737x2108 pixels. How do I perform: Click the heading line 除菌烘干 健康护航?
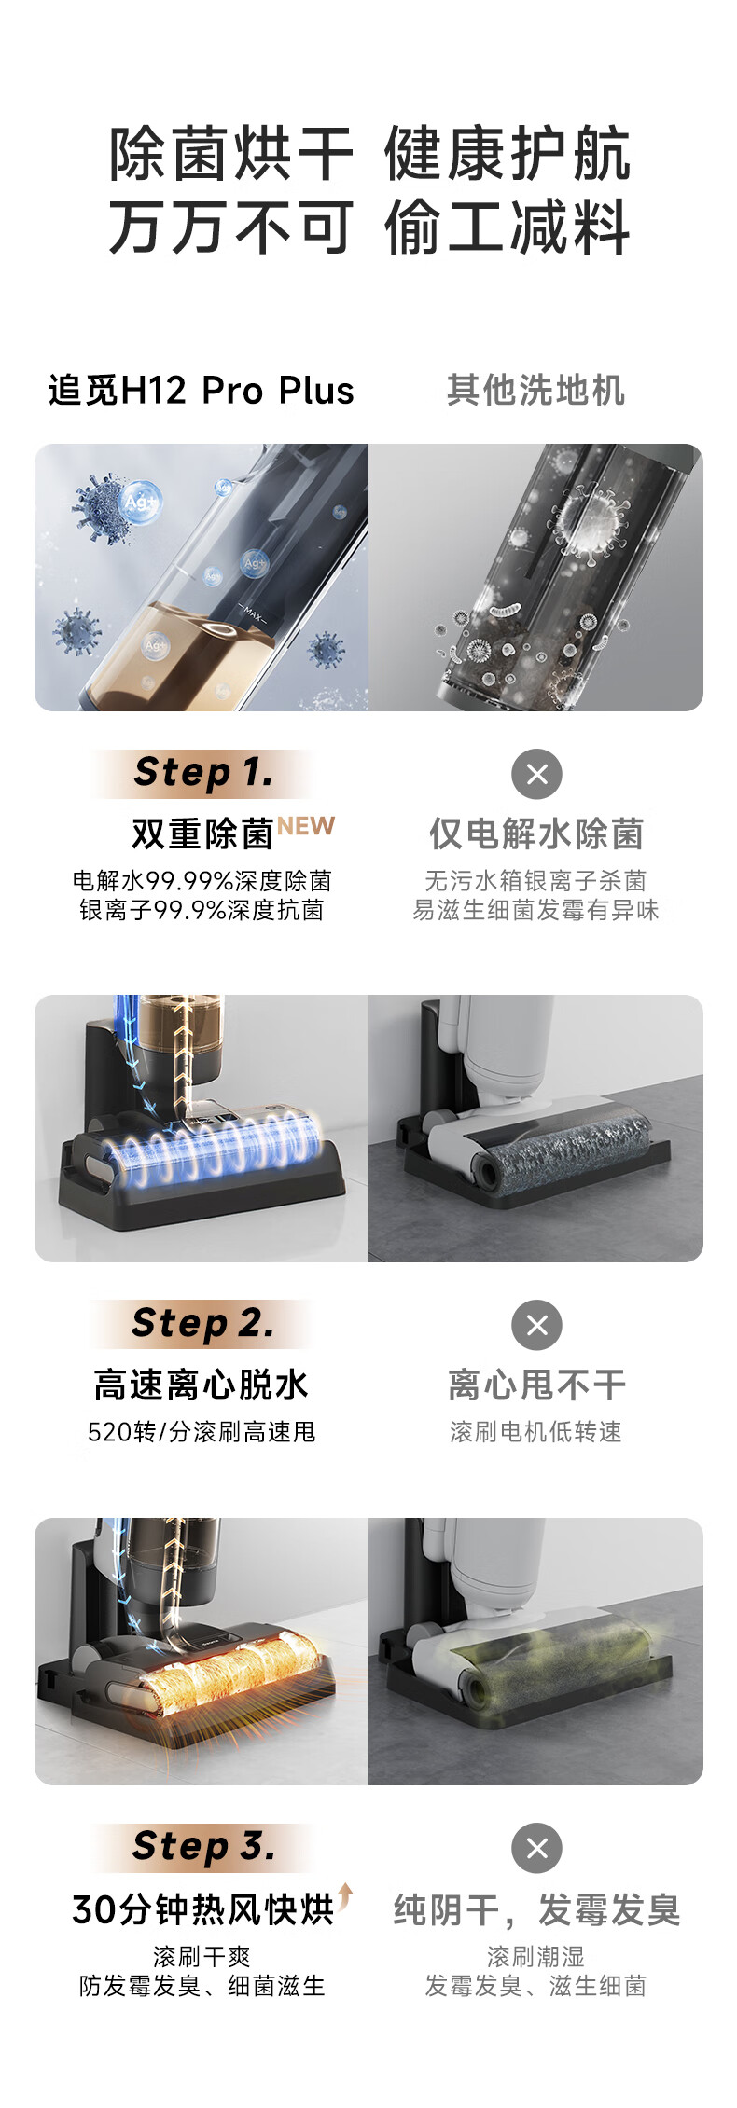click(369, 154)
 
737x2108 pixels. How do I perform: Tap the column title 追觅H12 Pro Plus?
click(202, 391)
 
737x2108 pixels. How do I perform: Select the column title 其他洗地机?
click(535, 391)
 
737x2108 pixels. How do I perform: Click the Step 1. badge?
click(203, 773)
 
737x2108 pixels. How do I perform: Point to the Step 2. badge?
click(203, 1323)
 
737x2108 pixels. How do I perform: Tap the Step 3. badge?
click(203, 1846)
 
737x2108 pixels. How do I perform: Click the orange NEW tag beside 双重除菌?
click(305, 826)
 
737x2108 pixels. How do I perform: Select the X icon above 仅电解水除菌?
click(536, 774)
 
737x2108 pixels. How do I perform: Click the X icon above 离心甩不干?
click(536, 1325)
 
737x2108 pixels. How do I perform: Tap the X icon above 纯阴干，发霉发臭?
click(536, 1848)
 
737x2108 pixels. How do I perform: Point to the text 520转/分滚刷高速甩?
click(202, 1431)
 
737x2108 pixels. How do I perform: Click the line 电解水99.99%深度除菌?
click(202, 881)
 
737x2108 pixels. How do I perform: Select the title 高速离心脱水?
click(202, 1385)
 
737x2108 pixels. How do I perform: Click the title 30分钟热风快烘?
click(202, 1909)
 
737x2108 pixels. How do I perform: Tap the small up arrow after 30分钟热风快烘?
click(345, 1894)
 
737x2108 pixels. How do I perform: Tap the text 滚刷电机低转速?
click(535, 1431)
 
